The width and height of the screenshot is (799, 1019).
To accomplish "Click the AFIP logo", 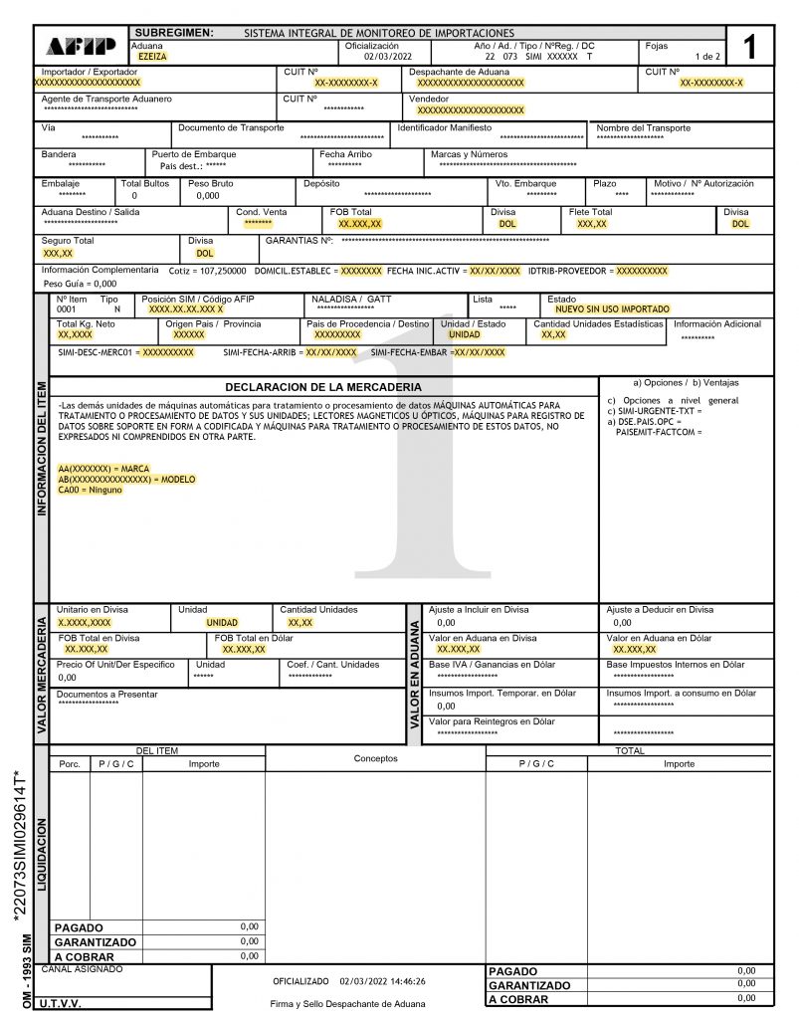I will (x=82, y=46).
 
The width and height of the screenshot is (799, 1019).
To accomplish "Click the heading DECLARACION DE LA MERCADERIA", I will (x=322, y=386).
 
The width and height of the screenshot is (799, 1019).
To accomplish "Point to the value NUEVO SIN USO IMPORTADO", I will (x=612, y=309).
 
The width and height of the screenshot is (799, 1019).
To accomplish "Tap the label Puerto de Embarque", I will (x=194, y=155).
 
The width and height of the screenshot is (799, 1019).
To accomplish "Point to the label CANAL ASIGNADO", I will (x=82, y=968).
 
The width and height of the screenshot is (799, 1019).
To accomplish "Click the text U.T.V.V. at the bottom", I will (x=62, y=1003).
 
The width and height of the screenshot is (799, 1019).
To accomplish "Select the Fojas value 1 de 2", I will (x=708, y=58).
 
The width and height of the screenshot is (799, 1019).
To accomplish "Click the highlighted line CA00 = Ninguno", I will (x=92, y=490).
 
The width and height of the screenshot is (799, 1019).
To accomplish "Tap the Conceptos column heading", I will (x=375, y=758).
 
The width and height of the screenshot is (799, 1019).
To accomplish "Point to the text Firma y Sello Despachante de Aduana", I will (x=347, y=1003).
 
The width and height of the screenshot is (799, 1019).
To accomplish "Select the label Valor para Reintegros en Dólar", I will (x=492, y=721).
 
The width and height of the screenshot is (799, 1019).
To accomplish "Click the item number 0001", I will (x=66, y=309).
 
